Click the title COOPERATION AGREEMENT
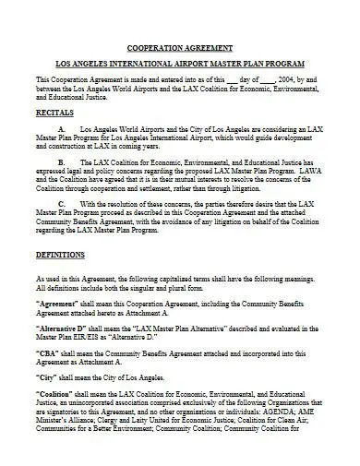click(180, 47)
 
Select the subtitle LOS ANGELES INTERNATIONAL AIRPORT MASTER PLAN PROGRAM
click(180, 66)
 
